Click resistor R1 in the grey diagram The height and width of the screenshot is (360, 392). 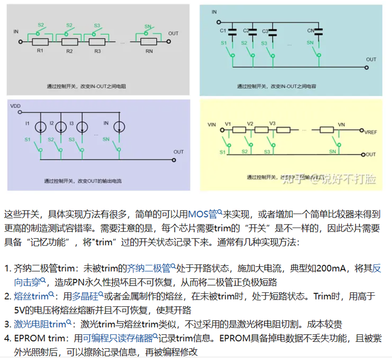(40, 41)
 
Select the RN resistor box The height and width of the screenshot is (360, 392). (149, 41)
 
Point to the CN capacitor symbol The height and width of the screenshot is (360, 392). (319, 31)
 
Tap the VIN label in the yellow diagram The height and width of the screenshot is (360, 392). (212, 124)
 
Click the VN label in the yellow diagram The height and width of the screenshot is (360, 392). (341, 123)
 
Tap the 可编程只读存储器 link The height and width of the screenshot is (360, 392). (121, 338)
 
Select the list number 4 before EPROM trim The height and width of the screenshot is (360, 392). (7, 338)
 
